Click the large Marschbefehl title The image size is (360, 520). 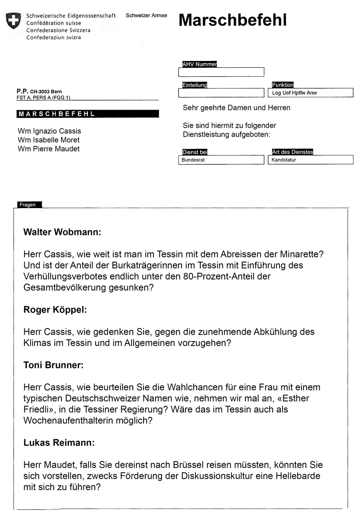[x=233, y=20]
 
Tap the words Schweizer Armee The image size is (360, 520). [x=146, y=16]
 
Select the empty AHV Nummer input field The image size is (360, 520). [x=221, y=72]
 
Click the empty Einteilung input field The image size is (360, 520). [x=221, y=93]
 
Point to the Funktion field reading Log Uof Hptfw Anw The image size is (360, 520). [x=311, y=93]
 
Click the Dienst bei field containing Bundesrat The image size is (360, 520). [x=221, y=160]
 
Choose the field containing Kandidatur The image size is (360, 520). [x=311, y=160]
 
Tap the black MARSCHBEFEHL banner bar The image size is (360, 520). [x=87, y=114]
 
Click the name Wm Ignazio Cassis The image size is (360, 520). [x=49, y=131]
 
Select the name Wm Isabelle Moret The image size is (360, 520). [x=49, y=140]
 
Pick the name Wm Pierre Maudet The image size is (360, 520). [x=49, y=149]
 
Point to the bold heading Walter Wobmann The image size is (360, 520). [x=62, y=232]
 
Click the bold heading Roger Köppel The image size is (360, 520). [x=55, y=310]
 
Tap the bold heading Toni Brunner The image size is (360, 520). [x=54, y=365]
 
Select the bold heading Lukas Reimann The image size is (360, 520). [x=59, y=443]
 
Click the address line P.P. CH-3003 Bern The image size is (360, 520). [x=40, y=91]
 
